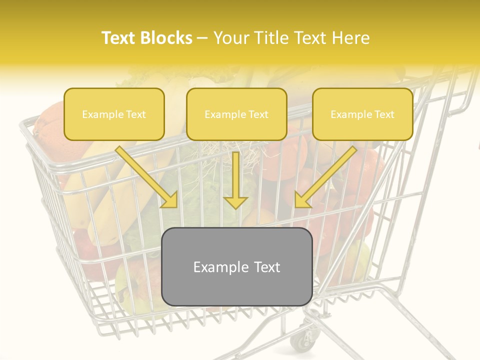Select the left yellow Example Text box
point(114,114)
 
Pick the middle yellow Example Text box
point(236,114)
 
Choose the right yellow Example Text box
point(362,114)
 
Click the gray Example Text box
point(236,266)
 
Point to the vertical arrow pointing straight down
point(235,180)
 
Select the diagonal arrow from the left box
point(147,177)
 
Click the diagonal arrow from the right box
point(325,177)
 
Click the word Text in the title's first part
point(119,38)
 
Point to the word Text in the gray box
point(266,267)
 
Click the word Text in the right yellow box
point(383,114)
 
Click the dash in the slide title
point(202,38)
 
